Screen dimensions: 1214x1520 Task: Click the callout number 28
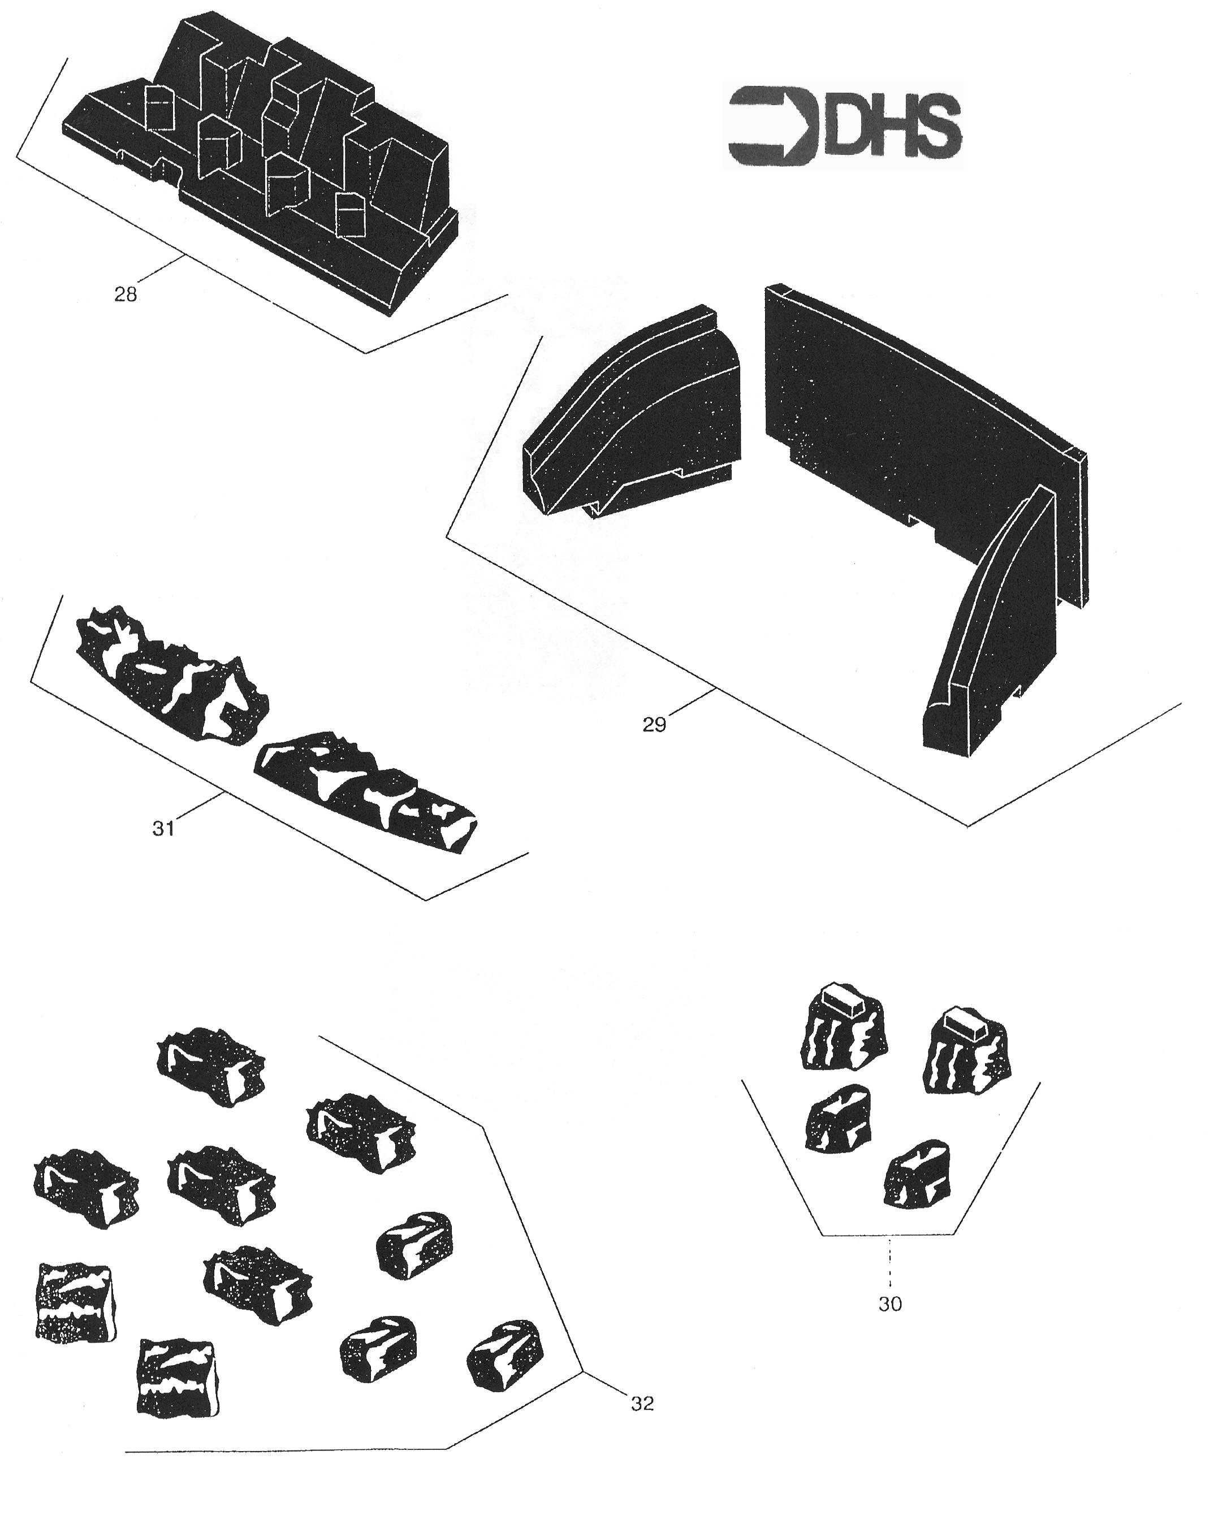point(126,294)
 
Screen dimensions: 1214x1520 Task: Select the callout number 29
point(654,724)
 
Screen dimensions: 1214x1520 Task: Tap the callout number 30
point(890,1304)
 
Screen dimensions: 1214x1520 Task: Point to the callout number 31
point(163,828)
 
